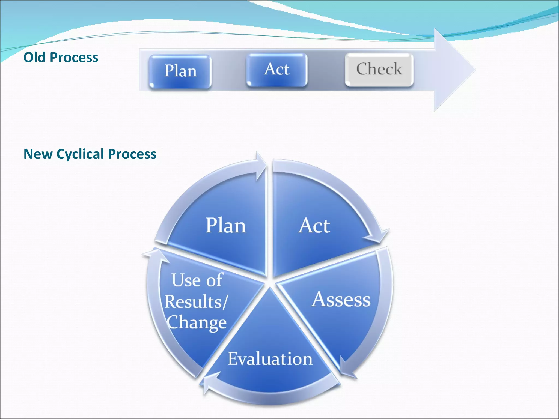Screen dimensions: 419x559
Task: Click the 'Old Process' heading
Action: (61, 58)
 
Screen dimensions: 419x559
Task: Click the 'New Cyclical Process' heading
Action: (90, 154)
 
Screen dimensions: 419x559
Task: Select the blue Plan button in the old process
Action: (180, 71)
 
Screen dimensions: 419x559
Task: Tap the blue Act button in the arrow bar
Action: (276, 70)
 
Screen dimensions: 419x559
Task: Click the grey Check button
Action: (379, 69)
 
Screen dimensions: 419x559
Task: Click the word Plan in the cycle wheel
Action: (225, 226)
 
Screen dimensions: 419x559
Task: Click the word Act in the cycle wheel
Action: (314, 226)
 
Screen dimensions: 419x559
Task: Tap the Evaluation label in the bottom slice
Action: (270, 359)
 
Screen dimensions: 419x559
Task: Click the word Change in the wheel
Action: (197, 323)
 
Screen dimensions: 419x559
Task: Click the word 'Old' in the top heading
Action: (34, 58)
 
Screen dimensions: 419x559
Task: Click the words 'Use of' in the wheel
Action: (197, 280)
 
